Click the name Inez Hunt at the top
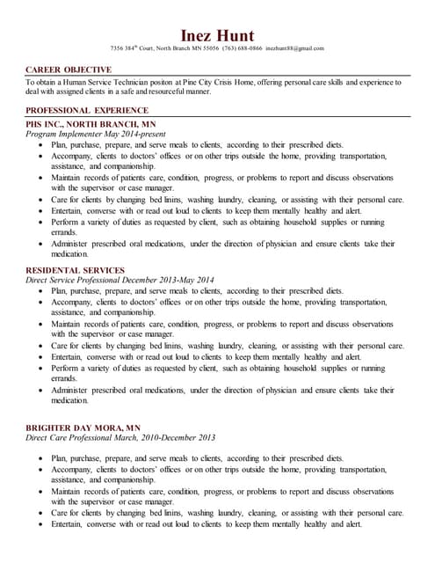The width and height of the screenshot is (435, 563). click(217, 34)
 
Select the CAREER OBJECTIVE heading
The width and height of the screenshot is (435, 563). click(69, 69)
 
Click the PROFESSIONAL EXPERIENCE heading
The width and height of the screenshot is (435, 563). click(87, 110)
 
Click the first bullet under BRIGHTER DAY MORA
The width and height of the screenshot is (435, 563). click(41, 459)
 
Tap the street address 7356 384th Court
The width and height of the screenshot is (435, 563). click(131, 48)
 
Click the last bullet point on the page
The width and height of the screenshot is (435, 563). click(41, 524)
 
